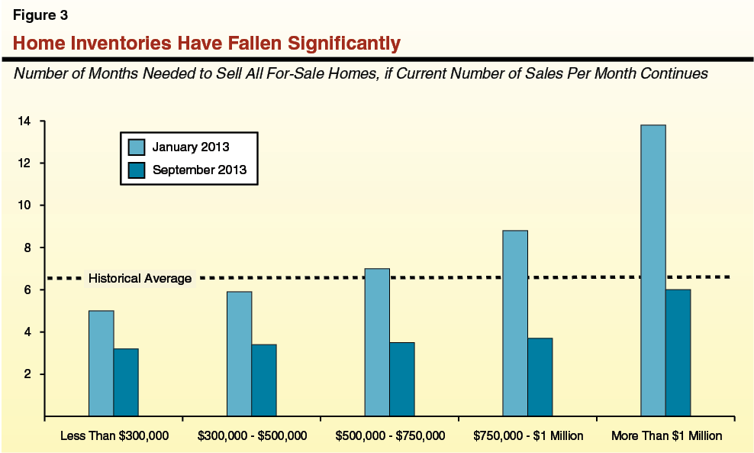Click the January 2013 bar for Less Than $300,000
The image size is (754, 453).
pyautogui.click(x=101, y=364)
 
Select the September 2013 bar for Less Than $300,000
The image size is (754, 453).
pyautogui.click(x=126, y=383)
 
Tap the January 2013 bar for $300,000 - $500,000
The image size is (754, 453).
pyautogui.click(x=239, y=354)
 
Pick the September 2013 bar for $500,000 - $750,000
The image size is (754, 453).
pyautogui.click(x=402, y=380)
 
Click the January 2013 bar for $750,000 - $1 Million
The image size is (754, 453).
pyautogui.click(x=515, y=323)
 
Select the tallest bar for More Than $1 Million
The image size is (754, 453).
pyautogui.click(x=653, y=270)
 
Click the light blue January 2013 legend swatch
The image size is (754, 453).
pyautogui.click(x=137, y=147)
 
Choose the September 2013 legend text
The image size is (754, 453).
pyautogui.click(x=199, y=170)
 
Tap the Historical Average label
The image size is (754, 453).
pyautogui.click(x=140, y=279)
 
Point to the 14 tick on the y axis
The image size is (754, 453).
pyautogui.click(x=26, y=121)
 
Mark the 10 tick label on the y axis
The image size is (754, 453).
pyautogui.click(x=26, y=205)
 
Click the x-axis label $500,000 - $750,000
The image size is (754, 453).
pyautogui.click(x=390, y=436)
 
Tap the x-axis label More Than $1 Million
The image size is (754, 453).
pyautogui.click(x=666, y=436)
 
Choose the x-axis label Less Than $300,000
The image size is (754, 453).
pyautogui.click(x=114, y=436)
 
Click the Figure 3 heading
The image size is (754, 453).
pyautogui.click(x=40, y=15)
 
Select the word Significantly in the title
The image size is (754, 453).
pyautogui.click(x=341, y=44)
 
